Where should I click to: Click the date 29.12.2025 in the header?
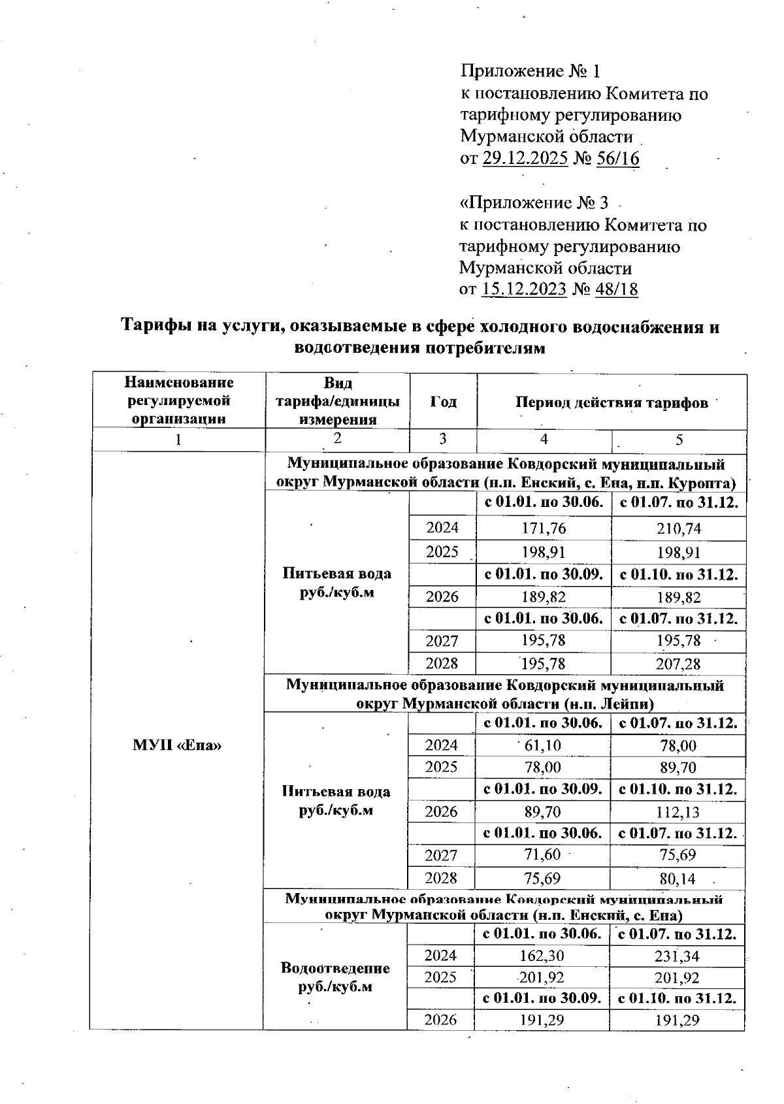525,159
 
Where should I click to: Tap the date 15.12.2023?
523,289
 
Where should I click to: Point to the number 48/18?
616,289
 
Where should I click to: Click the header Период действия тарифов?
612,402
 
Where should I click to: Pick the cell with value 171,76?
544,528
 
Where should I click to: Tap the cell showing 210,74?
679,528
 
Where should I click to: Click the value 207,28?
679,664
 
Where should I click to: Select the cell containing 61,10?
543,745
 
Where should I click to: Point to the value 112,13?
678,812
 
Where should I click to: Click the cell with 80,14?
678,878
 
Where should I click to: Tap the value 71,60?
543,854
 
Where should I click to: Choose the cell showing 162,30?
542,956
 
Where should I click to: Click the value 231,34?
678,956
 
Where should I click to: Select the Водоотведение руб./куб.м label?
335,977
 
